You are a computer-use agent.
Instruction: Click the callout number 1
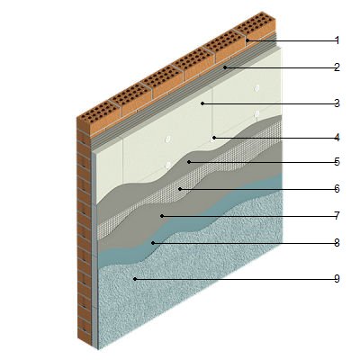pyautogui.click(x=337, y=40)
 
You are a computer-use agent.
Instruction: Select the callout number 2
pyautogui.click(x=337, y=67)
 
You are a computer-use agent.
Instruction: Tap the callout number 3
pyautogui.click(x=337, y=103)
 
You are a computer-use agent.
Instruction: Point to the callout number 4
pyautogui.click(x=337, y=138)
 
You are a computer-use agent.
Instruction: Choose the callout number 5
pyautogui.click(x=337, y=162)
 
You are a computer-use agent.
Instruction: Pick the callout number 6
pyautogui.click(x=337, y=189)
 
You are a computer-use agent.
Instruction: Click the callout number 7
pyautogui.click(x=337, y=215)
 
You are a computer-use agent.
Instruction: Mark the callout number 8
pyautogui.click(x=337, y=242)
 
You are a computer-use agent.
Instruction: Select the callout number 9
pyautogui.click(x=337, y=279)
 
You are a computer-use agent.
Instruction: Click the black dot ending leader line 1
pyautogui.click(x=247, y=40)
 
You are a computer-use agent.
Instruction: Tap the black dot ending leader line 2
pyautogui.click(x=225, y=67)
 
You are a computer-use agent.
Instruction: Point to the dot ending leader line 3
pyautogui.click(x=202, y=103)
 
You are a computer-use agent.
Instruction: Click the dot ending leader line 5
pyautogui.click(x=189, y=162)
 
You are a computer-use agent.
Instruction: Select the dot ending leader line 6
pyautogui.click(x=180, y=189)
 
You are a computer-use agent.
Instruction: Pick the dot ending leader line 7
pyautogui.click(x=162, y=216)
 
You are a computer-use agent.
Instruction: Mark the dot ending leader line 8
pyautogui.click(x=153, y=243)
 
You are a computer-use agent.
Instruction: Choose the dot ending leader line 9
pyautogui.click(x=135, y=279)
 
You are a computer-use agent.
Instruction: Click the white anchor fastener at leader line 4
pyautogui.click(x=213, y=138)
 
